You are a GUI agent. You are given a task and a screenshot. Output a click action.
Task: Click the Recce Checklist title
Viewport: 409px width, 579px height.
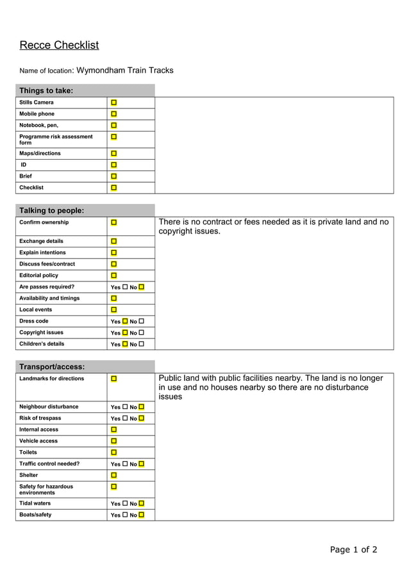click(59, 45)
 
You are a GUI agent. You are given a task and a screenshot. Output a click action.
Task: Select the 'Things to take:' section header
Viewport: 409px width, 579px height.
click(46, 90)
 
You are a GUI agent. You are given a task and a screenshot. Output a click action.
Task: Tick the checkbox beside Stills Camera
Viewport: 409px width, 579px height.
click(113, 103)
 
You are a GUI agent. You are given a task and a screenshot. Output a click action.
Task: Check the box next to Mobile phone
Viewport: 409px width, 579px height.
click(113, 114)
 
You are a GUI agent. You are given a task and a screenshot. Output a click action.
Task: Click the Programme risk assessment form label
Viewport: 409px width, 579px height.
click(56, 140)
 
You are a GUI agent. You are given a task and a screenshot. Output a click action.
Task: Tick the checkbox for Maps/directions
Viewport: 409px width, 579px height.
click(113, 154)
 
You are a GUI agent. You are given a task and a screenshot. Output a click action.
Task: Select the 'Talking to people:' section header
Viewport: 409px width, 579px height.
click(52, 210)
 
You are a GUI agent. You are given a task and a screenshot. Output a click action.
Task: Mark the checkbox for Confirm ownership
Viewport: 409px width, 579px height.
click(113, 222)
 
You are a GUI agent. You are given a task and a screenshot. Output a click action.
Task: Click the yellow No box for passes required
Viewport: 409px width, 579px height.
click(141, 287)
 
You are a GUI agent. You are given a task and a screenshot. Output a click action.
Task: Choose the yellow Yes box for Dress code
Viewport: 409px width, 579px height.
click(125, 321)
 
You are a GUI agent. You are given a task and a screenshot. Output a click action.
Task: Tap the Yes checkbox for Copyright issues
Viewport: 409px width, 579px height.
click(125, 333)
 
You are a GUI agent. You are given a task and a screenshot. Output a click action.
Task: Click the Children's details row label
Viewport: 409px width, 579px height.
click(42, 344)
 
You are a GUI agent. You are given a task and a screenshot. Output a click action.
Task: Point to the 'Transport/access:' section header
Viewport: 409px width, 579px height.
click(52, 367)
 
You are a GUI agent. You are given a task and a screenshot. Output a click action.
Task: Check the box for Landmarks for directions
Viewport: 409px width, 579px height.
click(113, 379)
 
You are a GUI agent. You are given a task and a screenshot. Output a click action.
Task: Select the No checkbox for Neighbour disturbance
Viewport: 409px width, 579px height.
click(141, 407)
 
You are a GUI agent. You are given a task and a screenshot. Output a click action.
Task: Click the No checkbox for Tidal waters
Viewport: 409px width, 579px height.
click(141, 504)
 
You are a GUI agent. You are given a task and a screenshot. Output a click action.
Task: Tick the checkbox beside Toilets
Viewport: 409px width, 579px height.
click(113, 453)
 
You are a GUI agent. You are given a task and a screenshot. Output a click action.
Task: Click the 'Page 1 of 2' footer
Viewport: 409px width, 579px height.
click(353, 550)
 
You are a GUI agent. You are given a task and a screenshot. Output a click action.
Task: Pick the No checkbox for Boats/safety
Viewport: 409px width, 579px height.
click(141, 515)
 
